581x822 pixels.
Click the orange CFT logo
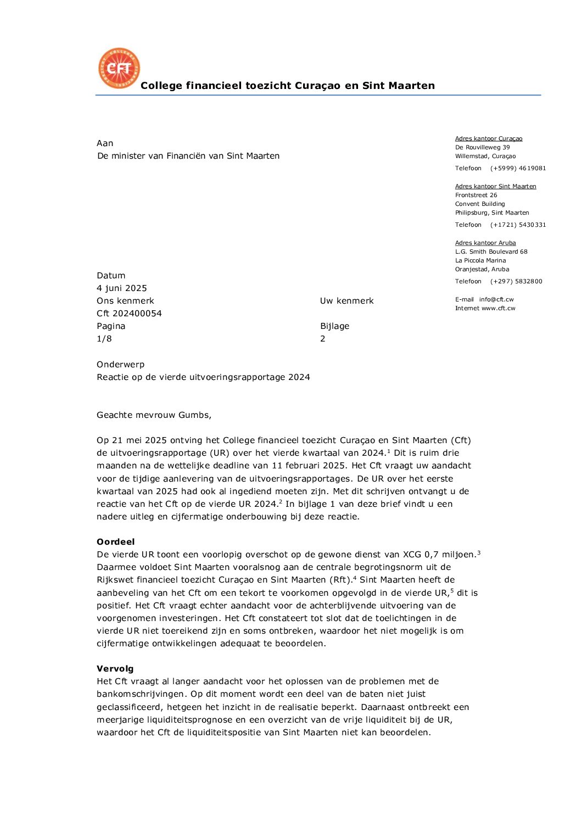point(119,68)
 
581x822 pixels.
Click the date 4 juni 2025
point(122,288)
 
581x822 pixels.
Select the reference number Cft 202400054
point(129,314)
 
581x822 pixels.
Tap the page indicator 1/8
point(104,339)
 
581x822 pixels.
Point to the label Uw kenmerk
point(347,301)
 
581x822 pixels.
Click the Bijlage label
point(334,326)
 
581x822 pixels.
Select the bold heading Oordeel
point(115,542)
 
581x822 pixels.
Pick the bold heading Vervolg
point(115,669)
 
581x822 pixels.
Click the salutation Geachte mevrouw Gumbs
point(154,415)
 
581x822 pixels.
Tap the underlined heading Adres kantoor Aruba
point(485,243)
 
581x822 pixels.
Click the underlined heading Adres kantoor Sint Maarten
point(495,186)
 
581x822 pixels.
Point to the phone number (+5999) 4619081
point(518,169)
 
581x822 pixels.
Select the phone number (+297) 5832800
point(516,282)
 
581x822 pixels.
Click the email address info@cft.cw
point(496,300)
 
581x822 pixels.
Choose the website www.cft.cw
point(498,309)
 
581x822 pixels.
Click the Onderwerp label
point(120,365)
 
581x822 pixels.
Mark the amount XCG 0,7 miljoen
point(439,555)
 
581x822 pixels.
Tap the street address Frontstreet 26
point(476,195)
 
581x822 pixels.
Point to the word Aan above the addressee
point(105,143)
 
